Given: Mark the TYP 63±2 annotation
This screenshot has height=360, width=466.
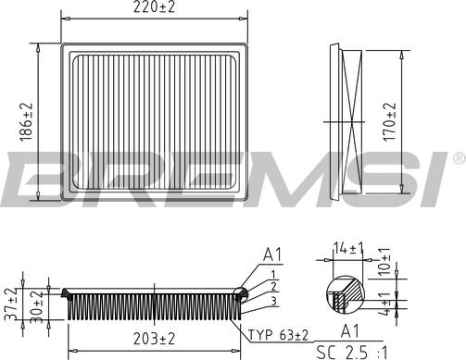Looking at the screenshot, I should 277,333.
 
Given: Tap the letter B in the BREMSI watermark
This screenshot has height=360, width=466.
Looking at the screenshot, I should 37,181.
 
